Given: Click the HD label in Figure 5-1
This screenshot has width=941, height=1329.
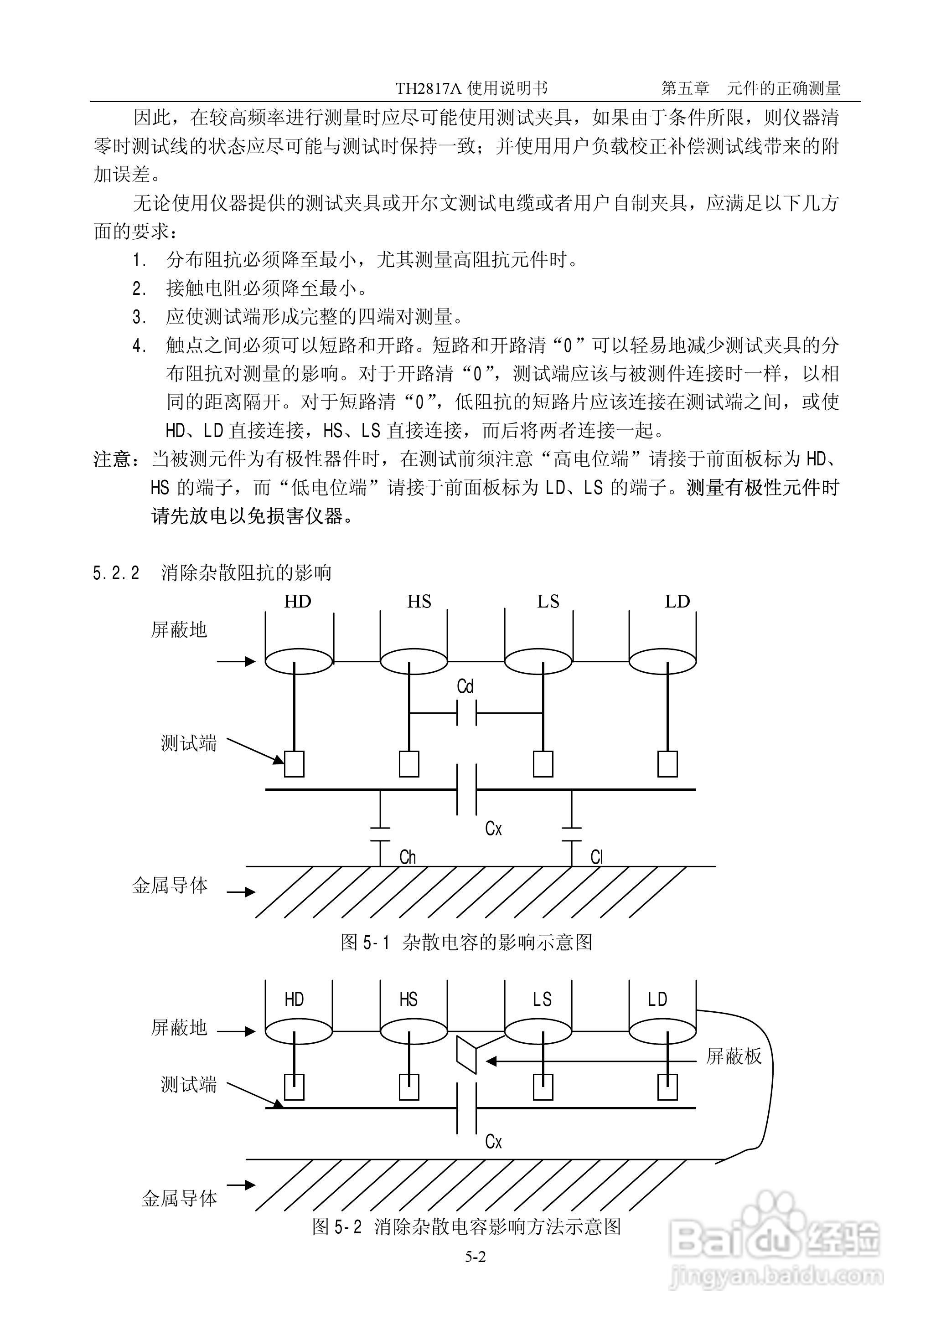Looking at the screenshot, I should (297, 602).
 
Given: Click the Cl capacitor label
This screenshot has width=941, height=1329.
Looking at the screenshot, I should (596, 857).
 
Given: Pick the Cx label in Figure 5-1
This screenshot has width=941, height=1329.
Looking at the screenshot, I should (493, 829).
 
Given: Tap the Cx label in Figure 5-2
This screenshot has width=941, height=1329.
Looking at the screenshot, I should (493, 1142).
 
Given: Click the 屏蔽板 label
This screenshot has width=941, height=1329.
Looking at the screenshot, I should (733, 1057).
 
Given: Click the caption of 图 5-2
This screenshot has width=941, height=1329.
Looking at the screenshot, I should (466, 1226).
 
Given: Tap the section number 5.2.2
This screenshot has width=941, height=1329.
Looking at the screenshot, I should (116, 573).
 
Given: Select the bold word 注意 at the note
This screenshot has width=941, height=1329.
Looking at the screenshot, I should (113, 460).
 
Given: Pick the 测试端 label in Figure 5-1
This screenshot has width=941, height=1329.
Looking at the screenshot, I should (188, 743).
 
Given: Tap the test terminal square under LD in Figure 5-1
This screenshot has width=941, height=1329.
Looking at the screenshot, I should (667, 764).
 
